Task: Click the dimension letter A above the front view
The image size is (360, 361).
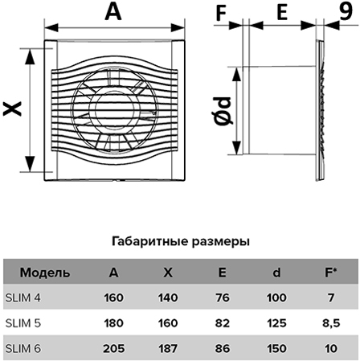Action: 113,11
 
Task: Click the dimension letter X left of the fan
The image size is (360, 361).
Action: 12,109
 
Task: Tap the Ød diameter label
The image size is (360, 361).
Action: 223,111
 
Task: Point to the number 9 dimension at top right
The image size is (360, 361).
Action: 346,10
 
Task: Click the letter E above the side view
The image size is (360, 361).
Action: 282,13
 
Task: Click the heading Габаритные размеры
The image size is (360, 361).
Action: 181,241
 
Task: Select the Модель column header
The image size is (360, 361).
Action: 45,273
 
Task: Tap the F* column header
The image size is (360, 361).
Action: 331,273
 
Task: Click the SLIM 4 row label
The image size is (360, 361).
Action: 23,297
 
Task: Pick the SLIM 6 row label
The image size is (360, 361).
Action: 23,348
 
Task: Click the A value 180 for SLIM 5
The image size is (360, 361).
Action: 113,323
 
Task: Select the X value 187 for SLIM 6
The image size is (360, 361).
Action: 168,348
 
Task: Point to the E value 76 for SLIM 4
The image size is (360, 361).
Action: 223,297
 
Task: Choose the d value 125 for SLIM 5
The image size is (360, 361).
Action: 276,323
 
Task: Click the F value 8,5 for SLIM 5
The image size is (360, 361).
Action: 331,323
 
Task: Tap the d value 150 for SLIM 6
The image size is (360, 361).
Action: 276,348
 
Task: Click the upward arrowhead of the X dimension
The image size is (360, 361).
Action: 30,56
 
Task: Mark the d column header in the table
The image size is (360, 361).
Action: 276,273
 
